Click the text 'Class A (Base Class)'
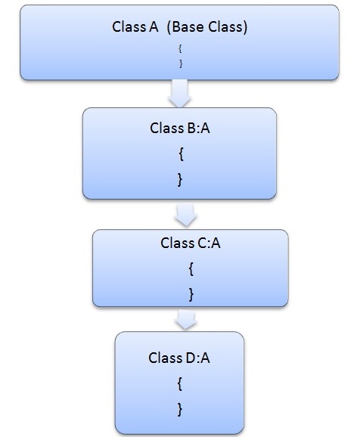point(180,27)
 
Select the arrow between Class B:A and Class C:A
point(185,215)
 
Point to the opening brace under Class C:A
point(190,268)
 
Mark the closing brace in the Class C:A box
point(190,293)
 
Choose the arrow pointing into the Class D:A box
point(185,319)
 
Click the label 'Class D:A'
point(179,358)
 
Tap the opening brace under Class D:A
point(179,383)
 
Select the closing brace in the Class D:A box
point(179,409)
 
